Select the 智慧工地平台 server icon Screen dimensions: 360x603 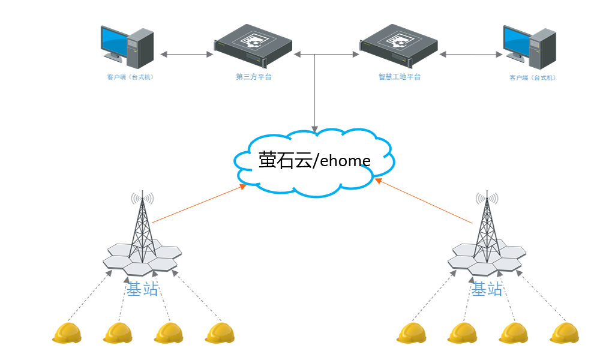[x=399, y=47]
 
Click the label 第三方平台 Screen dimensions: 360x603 [x=254, y=77]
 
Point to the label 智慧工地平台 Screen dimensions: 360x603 [x=400, y=77]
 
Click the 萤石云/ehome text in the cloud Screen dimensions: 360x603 [x=314, y=160]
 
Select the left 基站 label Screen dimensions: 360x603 [x=142, y=289]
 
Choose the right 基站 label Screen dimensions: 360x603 [x=487, y=289]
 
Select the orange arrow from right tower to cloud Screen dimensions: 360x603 [x=424, y=201]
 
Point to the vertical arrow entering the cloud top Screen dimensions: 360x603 [x=314, y=96]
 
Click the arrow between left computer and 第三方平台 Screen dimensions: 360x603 [x=187, y=55]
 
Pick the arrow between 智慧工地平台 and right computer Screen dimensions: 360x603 [x=470, y=55]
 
